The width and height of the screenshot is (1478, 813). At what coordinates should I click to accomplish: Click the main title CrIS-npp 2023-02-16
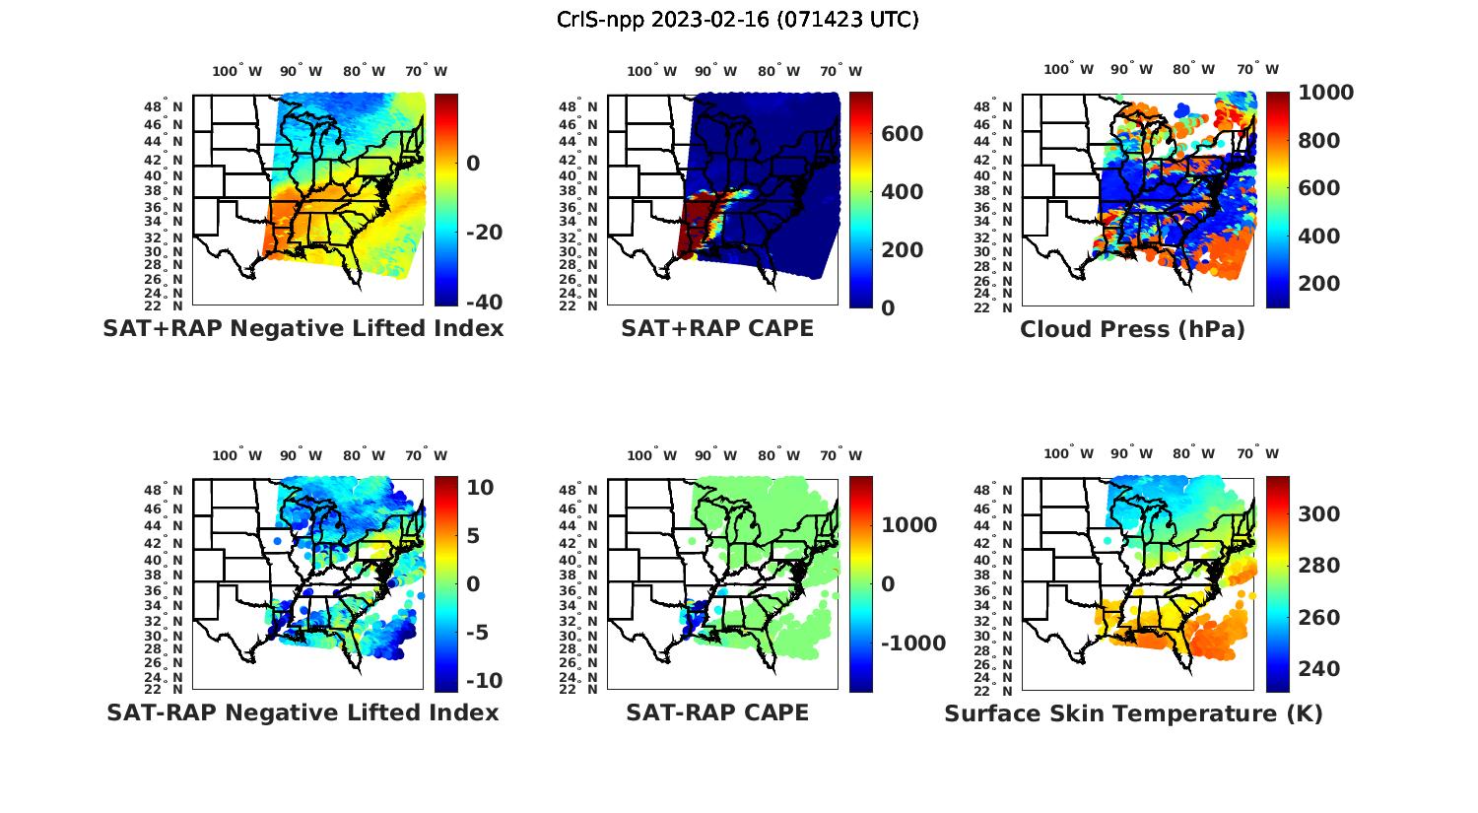point(737,20)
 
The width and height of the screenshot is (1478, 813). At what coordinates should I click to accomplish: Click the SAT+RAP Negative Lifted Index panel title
point(303,328)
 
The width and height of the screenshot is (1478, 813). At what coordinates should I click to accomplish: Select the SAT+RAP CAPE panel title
point(717,328)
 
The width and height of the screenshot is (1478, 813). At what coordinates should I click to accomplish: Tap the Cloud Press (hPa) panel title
point(1132,329)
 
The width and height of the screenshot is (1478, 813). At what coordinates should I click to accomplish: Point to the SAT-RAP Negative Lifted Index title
point(303,712)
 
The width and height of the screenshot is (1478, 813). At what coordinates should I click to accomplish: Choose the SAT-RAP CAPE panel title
point(717,712)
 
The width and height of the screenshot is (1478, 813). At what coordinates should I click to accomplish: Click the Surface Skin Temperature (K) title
point(1133,713)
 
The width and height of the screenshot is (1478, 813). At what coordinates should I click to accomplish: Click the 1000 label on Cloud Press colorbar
point(1325,93)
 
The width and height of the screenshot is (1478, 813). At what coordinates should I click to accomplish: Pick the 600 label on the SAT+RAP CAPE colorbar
point(902,134)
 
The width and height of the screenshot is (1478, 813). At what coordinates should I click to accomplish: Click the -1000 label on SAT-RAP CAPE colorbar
point(913,644)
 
